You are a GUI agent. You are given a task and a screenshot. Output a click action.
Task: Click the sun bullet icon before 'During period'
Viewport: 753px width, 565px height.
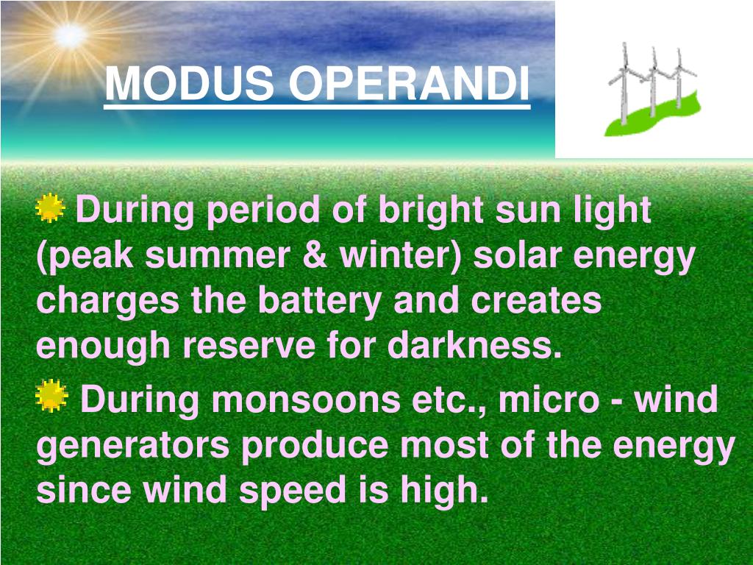pyautogui.click(x=50, y=209)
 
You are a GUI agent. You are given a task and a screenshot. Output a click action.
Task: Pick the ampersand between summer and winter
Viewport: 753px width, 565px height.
pyautogui.click(x=319, y=256)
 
